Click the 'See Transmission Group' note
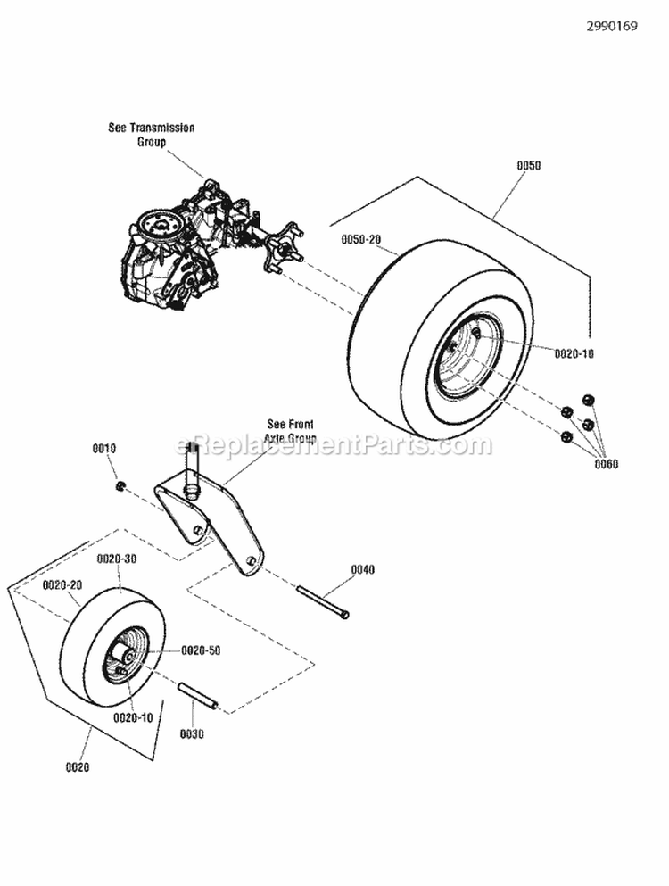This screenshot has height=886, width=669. pos(151,135)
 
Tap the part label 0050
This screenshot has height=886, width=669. pos(528,166)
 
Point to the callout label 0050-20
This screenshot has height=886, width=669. pos(361,240)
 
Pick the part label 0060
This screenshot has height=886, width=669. pos(605,463)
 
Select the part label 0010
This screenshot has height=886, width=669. pos(104,448)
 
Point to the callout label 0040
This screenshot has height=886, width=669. pos(363,569)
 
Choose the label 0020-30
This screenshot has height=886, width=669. pos(117,559)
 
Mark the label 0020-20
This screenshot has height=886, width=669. pos(62,584)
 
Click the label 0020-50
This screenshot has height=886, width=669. pos(201,650)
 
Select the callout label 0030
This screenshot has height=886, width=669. pos(192,733)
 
